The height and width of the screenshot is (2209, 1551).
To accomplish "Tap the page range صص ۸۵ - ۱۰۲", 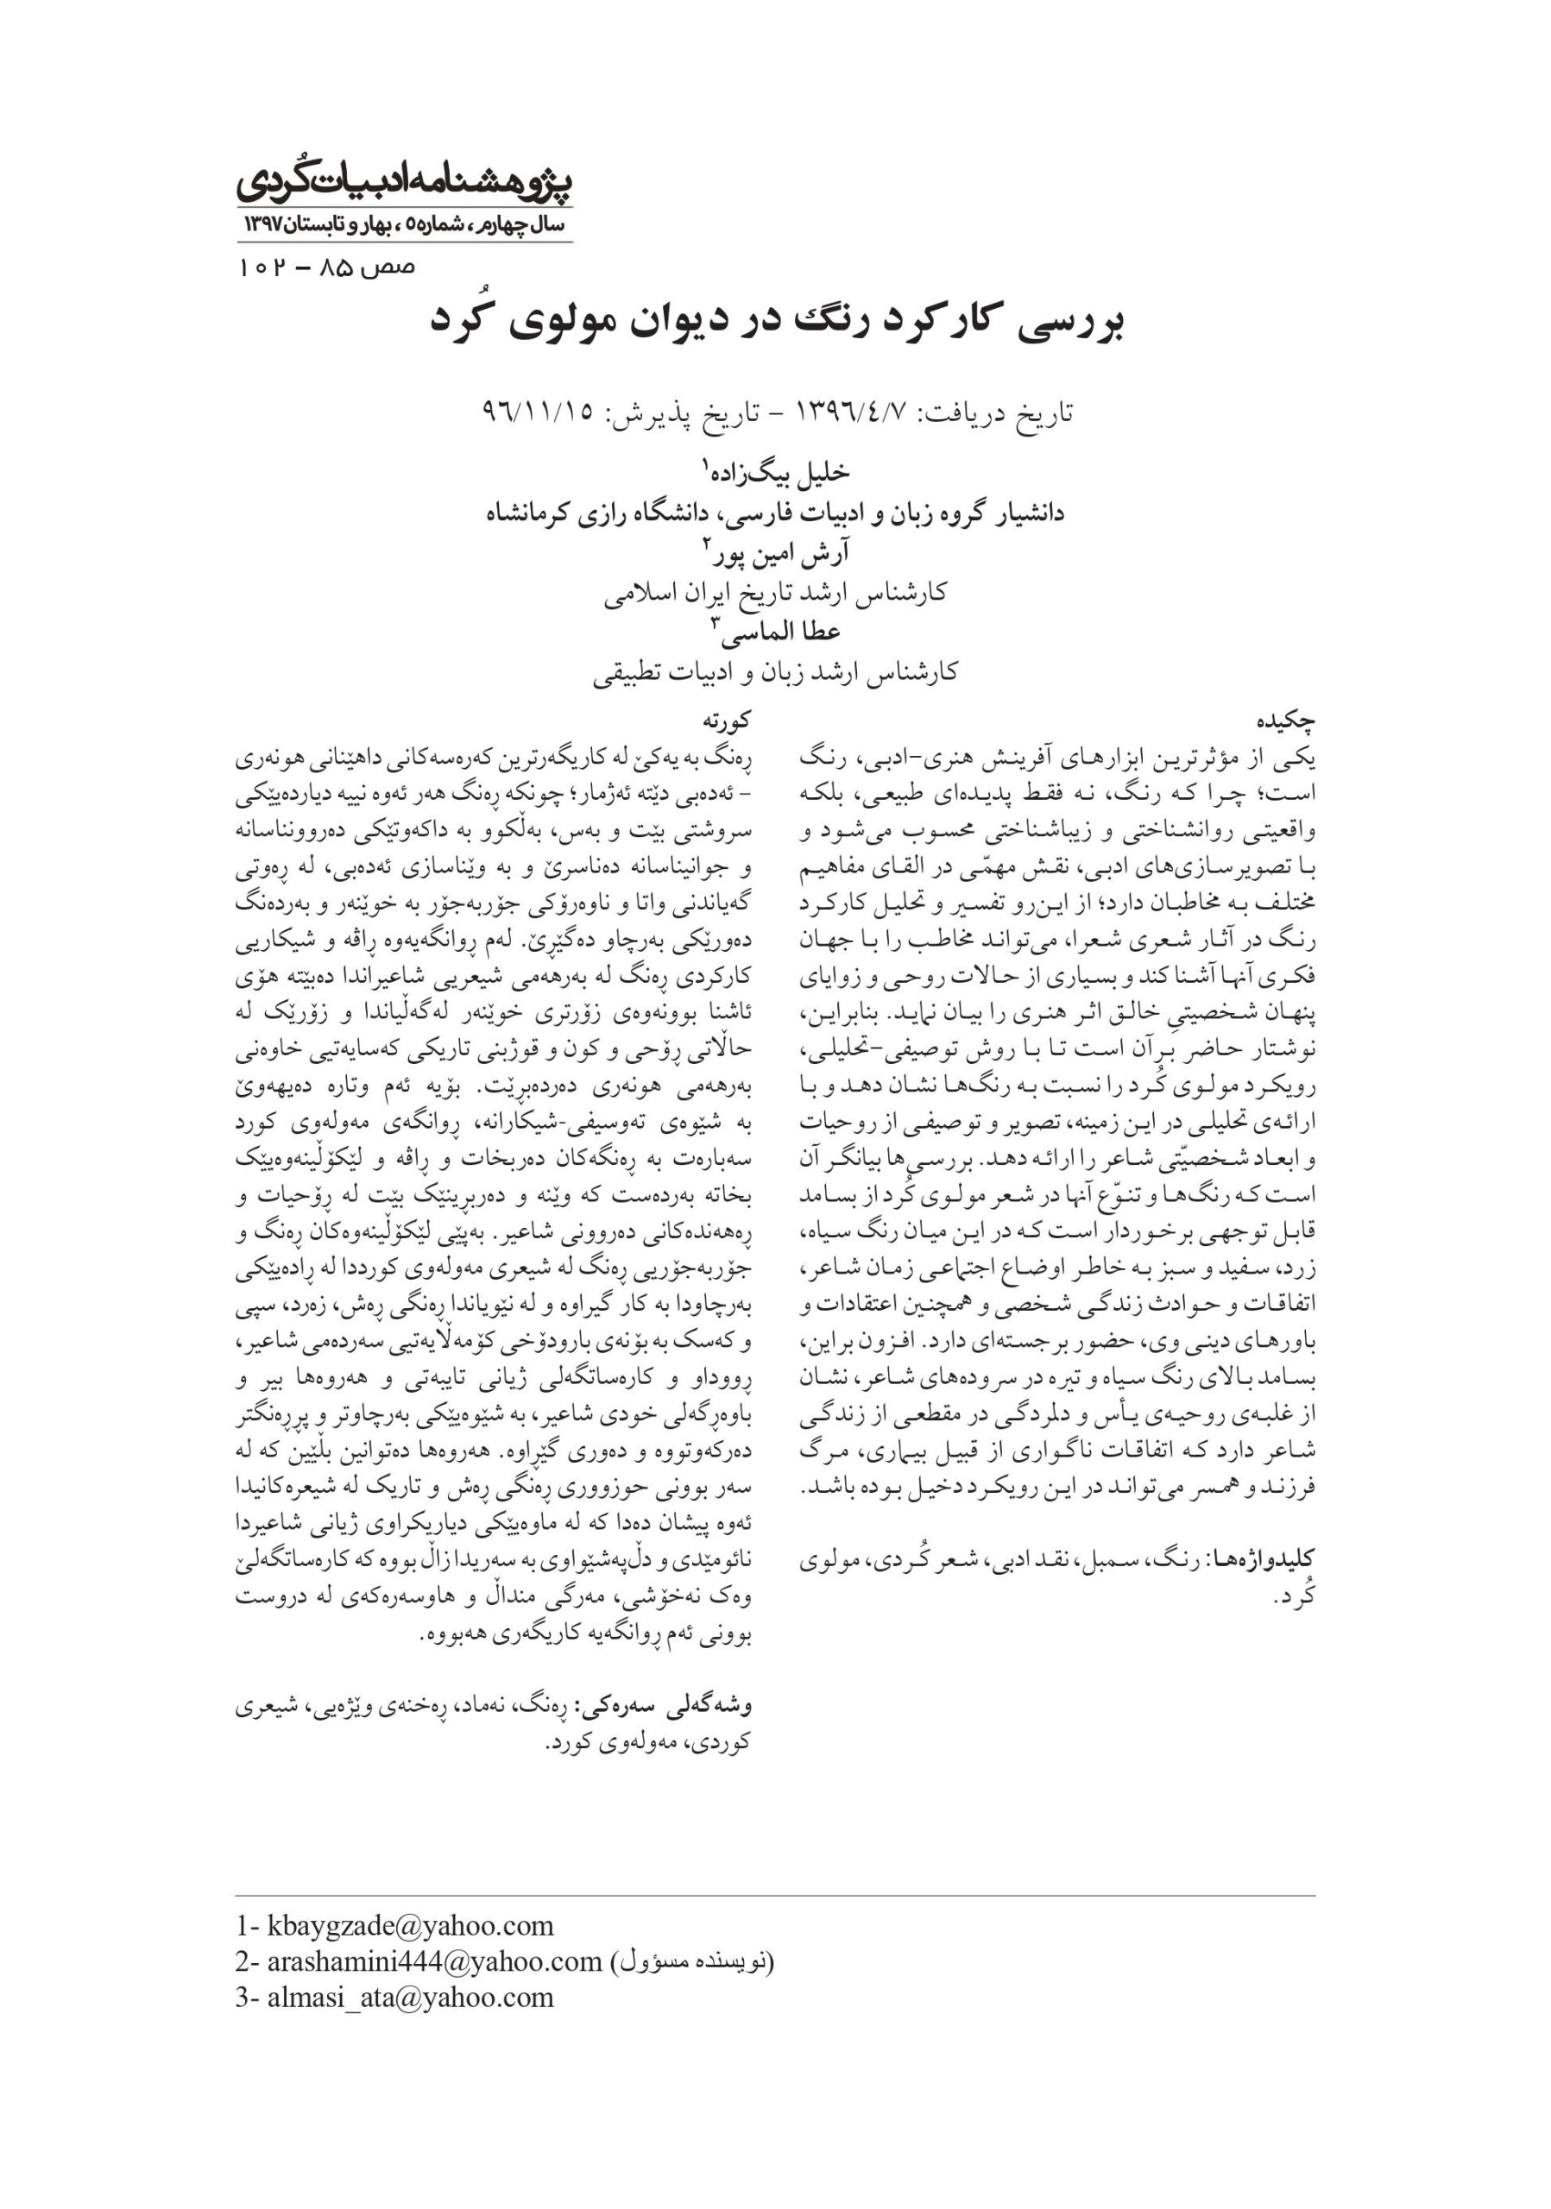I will click(x=326, y=267).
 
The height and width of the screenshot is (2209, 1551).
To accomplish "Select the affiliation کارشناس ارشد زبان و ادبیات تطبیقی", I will click(x=775, y=670).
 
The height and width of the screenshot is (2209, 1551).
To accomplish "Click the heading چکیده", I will click(x=1285, y=720).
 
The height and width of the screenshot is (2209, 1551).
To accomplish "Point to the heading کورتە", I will click(x=726, y=720).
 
